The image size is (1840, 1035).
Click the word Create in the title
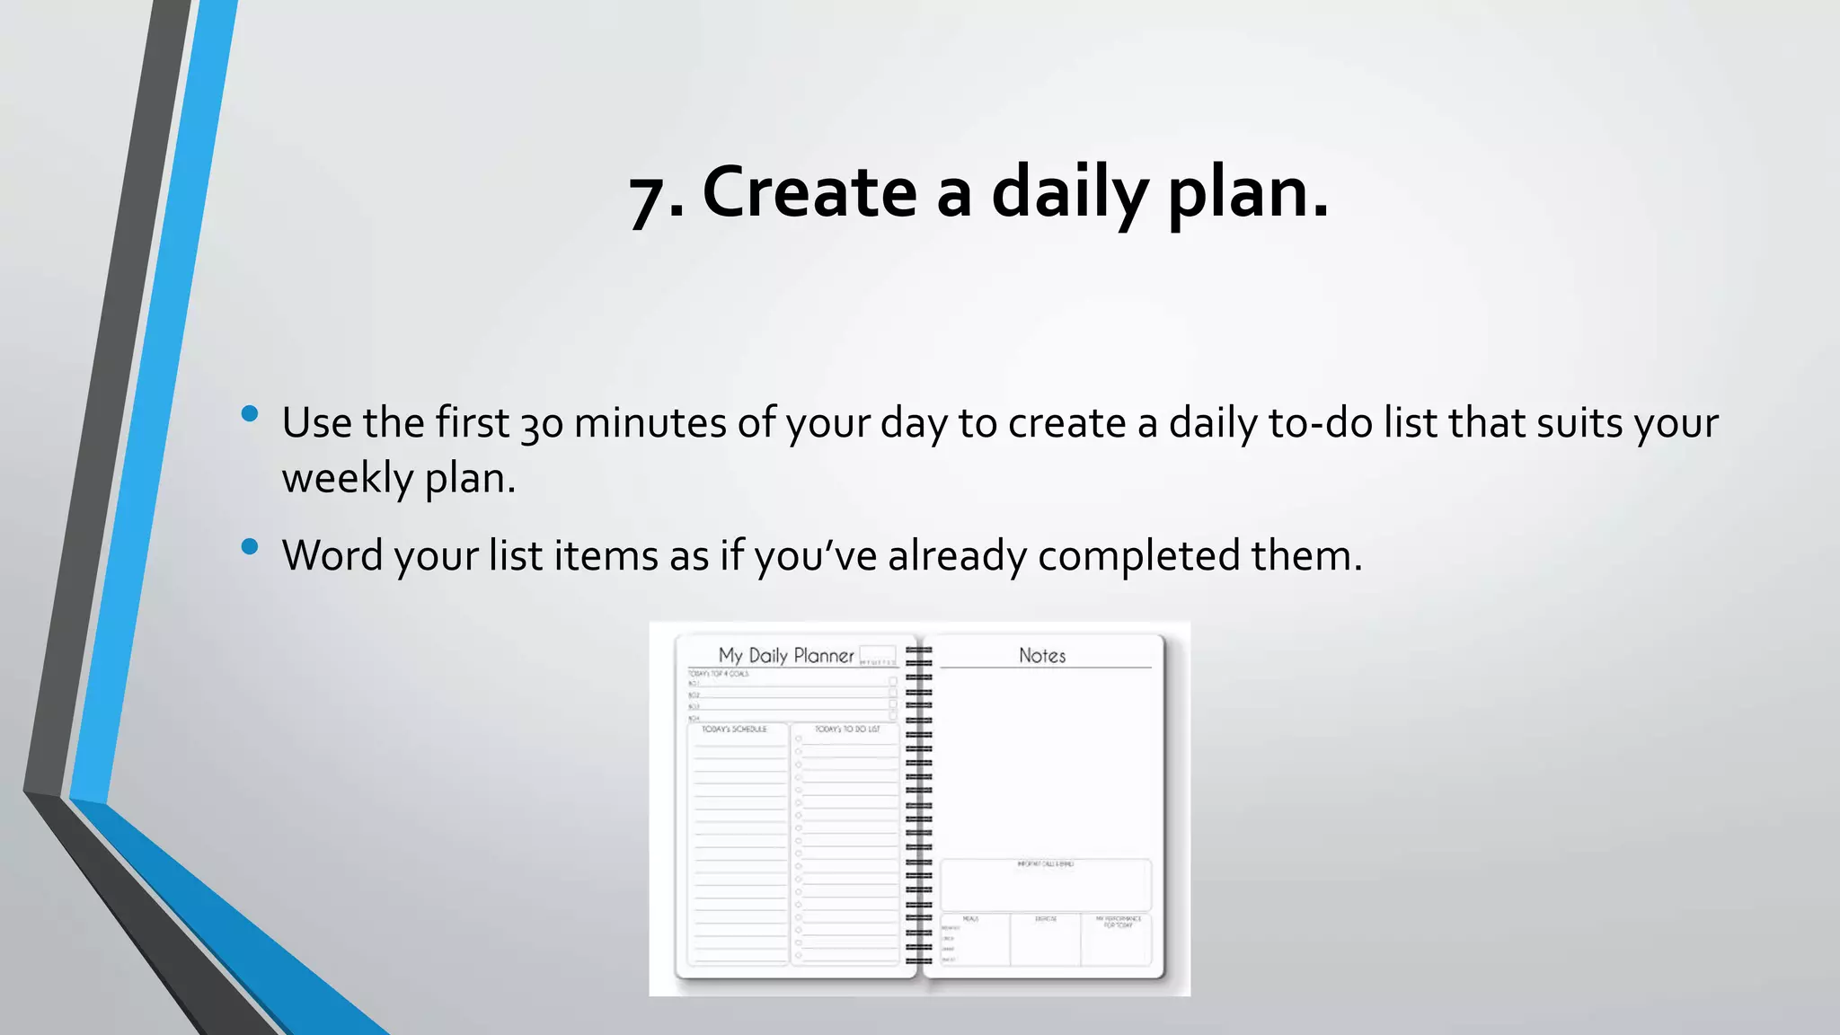click(809, 192)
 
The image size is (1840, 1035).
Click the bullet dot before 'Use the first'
click(250, 414)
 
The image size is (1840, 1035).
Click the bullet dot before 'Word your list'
click(250, 546)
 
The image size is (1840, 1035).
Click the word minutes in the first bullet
click(650, 422)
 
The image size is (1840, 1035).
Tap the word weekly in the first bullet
click(347, 478)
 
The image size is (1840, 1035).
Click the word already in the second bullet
click(957, 555)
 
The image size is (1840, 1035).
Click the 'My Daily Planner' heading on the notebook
click(786, 656)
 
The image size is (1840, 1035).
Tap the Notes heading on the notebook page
click(1042, 656)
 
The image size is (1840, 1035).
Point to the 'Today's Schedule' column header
click(734, 730)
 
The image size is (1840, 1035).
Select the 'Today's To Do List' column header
click(846, 730)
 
